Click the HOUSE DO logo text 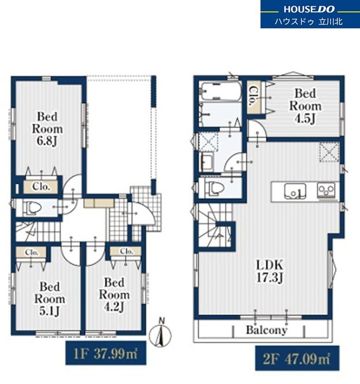(309, 9)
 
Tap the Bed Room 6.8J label (47, 129)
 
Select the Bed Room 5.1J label (50, 299)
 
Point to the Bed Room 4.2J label (114, 295)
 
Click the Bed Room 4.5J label (305, 106)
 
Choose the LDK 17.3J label (270, 271)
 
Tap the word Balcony (267, 330)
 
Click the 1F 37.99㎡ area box (106, 353)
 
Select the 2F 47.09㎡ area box (297, 358)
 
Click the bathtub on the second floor (220, 91)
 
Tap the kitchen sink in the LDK (295, 191)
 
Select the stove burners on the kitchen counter (326, 191)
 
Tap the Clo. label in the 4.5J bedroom (252, 96)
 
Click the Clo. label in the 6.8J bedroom (41, 187)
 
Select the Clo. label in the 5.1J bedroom (32, 252)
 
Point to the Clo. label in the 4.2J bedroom (126, 251)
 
